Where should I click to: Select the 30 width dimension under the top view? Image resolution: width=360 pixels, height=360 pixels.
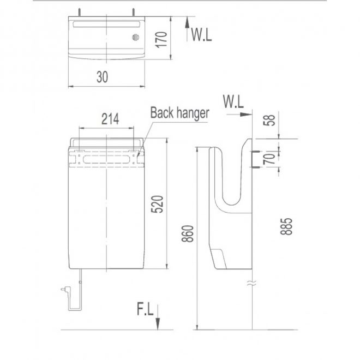click(102, 77)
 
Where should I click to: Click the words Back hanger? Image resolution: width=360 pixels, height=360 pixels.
click(179, 113)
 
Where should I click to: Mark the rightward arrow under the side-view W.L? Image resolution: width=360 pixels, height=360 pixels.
click(243, 115)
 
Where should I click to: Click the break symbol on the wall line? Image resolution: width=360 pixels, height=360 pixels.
click(251, 284)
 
